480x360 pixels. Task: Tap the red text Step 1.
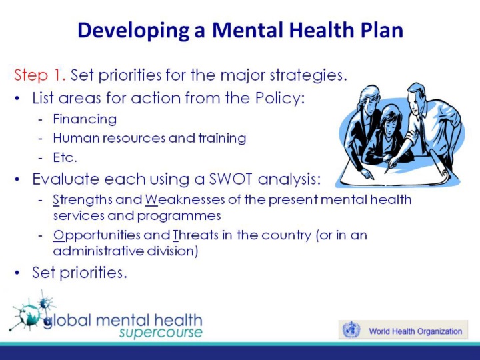pyautogui.click(x=40, y=75)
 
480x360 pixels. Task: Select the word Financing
pyautogui.click(x=85, y=119)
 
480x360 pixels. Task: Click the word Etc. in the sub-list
pyautogui.click(x=65, y=157)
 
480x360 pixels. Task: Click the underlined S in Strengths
pyautogui.click(x=56, y=200)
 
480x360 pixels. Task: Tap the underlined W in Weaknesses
pyautogui.click(x=151, y=200)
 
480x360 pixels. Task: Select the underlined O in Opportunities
pyautogui.click(x=58, y=235)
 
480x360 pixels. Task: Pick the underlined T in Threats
pyautogui.click(x=176, y=235)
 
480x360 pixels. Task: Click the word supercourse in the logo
pyautogui.click(x=161, y=333)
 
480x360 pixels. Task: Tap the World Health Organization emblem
pyautogui.click(x=351, y=330)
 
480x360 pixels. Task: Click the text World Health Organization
pyautogui.click(x=415, y=331)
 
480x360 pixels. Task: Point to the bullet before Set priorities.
pyautogui.click(x=17, y=273)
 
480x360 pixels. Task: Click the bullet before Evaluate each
pyautogui.click(x=17, y=179)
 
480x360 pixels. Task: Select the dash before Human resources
pyautogui.click(x=40, y=139)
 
